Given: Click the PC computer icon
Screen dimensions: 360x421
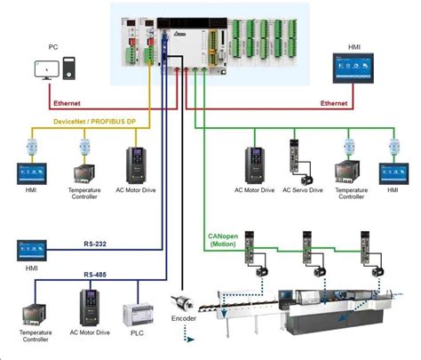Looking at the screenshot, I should coord(56,68).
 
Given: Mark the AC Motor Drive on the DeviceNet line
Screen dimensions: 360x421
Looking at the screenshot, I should coord(138,164).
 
